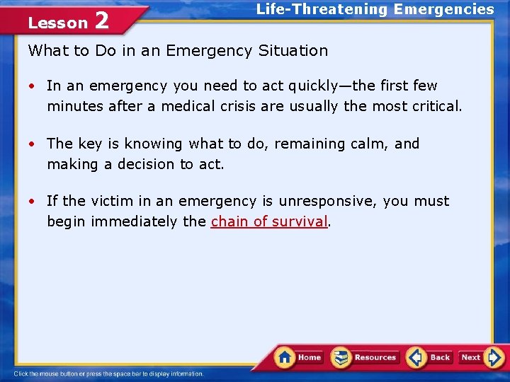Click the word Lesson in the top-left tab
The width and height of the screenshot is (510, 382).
point(57,23)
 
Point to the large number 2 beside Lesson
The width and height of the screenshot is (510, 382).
point(102,20)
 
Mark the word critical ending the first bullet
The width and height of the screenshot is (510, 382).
point(434,107)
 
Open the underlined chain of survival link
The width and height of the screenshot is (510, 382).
point(269,221)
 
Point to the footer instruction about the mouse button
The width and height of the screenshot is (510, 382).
point(108,374)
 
